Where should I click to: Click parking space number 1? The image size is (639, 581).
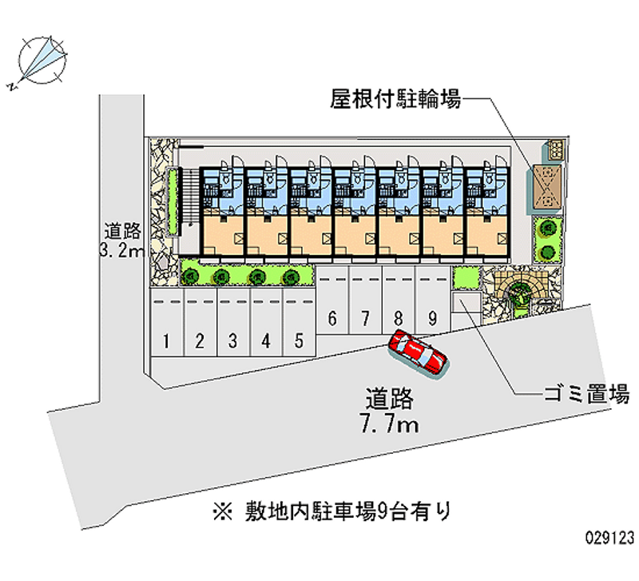tap(166, 342)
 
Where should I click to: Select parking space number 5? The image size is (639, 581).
tap(298, 341)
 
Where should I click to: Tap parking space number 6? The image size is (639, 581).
tap(331, 318)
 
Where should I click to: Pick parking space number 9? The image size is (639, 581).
tap(431, 318)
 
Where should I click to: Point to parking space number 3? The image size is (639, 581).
tap(232, 342)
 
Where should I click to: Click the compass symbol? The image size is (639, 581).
tap(41, 58)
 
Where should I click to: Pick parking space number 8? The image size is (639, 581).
tap(398, 318)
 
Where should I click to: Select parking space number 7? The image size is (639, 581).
tap(365, 318)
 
